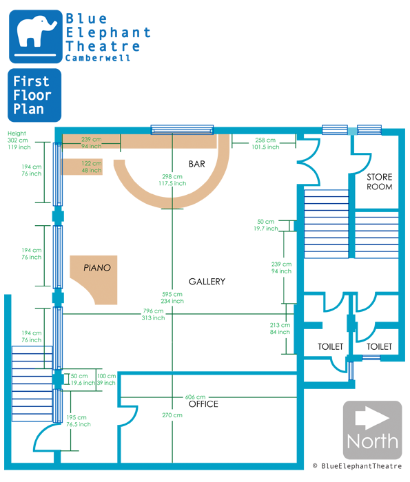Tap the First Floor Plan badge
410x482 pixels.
click(34, 95)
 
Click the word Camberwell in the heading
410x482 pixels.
click(98, 58)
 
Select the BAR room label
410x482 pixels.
click(197, 164)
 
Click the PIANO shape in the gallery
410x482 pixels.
click(97, 277)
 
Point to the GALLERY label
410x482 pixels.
click(207, 281)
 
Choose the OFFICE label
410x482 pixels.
click(203, 404)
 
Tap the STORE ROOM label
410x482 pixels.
click(380, 182)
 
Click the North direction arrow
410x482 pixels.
click(372, 418)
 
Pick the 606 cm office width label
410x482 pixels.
click(195, 397)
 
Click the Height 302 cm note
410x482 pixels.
click(19, 140)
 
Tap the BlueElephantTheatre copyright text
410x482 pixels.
click(357, 466)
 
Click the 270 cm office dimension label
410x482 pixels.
click(172, 415)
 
